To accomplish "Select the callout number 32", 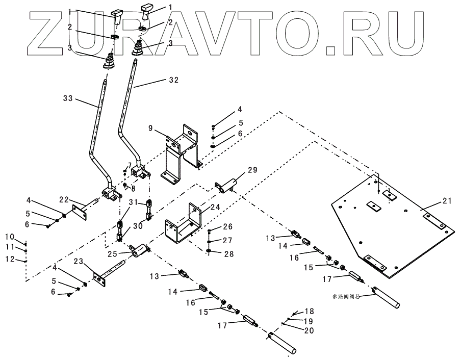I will (x=173, y=80).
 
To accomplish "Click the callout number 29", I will (x=252, y=169).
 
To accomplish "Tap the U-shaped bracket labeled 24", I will (x=181, y=227).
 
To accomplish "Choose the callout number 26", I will (x=227, y=226).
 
